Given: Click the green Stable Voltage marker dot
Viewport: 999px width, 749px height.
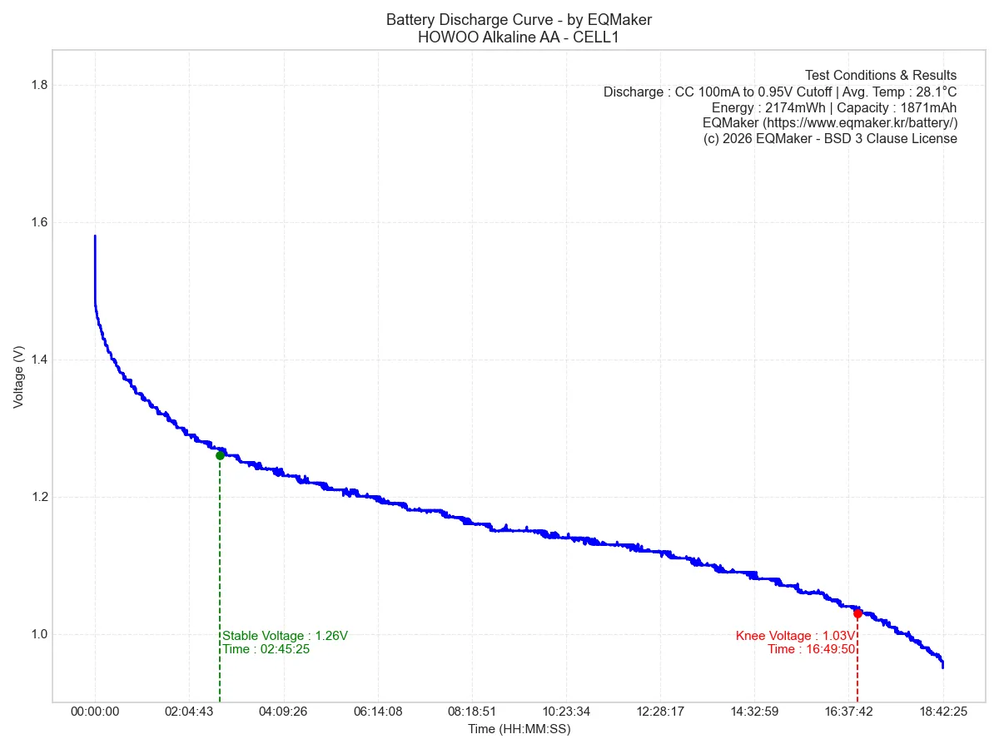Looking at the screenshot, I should click(x=220, y=455).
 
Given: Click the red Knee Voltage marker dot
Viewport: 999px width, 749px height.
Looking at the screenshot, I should click(x=857, y=613).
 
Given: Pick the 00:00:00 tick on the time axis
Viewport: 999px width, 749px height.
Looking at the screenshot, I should click(x=95, y=712).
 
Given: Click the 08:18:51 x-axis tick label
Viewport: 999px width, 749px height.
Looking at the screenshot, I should click(x=471, y=712).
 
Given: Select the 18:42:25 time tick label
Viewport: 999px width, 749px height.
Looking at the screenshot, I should click(x=943, y=712).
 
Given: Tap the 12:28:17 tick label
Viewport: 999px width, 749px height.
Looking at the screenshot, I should click(x=660, y=712).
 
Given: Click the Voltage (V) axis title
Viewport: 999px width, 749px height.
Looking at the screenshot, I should click(x=18, y=377).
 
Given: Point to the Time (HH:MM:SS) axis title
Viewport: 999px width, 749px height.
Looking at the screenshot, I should click(x=519, y=729).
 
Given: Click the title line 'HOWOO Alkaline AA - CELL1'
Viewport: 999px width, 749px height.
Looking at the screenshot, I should click(x=519, y=37).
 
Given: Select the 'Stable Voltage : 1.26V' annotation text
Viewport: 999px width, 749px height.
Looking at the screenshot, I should click(x=285, y=636).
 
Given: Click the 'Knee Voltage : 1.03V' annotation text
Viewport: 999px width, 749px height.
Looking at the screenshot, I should click(x=795, y=636).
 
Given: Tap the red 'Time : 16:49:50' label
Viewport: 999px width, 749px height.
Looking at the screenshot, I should click(x=811, y=649).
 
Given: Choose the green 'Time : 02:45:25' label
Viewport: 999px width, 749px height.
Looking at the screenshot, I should click(x=266, y=649).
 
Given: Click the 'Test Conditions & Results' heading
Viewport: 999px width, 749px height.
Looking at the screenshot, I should click(x=881, y=76).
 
